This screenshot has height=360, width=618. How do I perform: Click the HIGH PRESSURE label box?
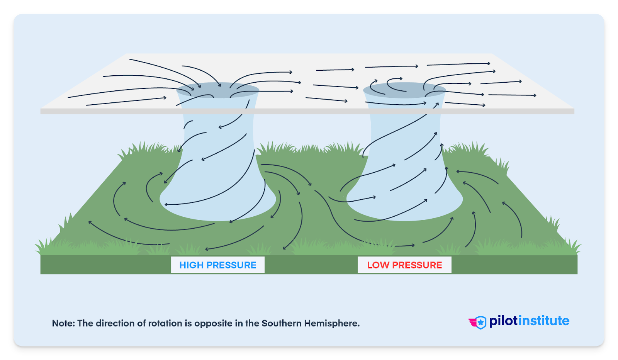218,265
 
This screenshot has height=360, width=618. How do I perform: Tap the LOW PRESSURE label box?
404,265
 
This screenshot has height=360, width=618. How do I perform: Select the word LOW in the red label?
378,265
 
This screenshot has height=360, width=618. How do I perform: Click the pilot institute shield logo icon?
479,322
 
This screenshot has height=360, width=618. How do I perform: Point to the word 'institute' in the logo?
543,321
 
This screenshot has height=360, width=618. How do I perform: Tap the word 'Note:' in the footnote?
63,323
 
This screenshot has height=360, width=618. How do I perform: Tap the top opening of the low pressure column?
404,90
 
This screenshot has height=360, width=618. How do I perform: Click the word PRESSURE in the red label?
417,265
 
